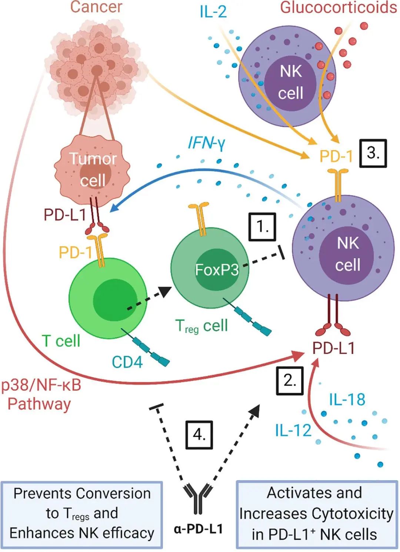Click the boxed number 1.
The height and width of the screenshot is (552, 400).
pos(262,226)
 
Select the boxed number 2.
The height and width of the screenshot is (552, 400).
pos(290,380)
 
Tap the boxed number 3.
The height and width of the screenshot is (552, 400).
pos(373,153)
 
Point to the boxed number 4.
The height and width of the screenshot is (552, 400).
pos(199,435)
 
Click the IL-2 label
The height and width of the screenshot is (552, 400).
pos(213,12)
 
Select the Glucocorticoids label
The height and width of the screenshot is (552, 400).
pos(338,7)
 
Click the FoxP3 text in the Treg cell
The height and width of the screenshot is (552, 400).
pos(217,270)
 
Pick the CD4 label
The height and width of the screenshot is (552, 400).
pos(127,362)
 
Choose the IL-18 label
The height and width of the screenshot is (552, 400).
pos(347,399)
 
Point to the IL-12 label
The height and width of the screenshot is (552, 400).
pos(293,430)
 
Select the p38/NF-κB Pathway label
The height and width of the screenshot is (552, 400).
pos(40,394)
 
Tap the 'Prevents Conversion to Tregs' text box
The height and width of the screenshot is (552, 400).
pos(82,514)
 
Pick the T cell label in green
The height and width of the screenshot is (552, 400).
pos(61,341)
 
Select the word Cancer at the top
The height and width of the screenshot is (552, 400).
pos(96,7)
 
